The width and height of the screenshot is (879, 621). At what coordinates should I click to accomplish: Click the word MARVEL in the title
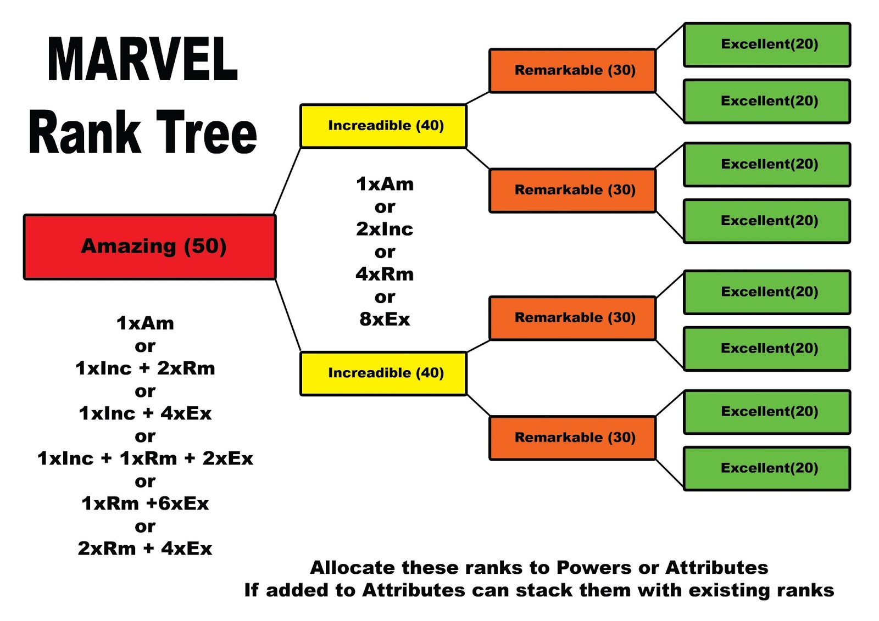point(142,59)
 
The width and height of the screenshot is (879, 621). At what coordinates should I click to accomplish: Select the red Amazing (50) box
point(149,247)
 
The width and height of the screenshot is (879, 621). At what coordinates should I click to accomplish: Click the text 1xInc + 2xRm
point(145,368)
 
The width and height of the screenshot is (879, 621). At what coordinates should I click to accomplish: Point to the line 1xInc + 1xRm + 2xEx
point(145,458)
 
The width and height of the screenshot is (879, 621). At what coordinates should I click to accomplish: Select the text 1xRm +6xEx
point(145,503)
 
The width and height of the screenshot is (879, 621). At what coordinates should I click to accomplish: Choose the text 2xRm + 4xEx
point(145,548)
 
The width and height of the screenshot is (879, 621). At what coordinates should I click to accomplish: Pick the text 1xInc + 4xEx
point(145,413)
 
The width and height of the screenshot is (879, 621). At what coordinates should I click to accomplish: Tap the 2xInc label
point(385,228)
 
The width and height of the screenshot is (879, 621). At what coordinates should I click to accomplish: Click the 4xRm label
point(385,273)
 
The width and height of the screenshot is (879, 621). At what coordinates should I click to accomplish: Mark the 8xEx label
point(385,318)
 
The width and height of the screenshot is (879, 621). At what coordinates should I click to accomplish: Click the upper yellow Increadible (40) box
point(383,126)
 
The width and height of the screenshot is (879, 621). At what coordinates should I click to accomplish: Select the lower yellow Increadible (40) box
point(383,373)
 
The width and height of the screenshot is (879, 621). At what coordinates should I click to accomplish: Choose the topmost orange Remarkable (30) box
point(572,70)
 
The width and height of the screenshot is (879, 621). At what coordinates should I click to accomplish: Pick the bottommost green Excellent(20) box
point(767,468)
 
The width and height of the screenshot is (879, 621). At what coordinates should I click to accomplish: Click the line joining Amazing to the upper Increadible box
point(287,181)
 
